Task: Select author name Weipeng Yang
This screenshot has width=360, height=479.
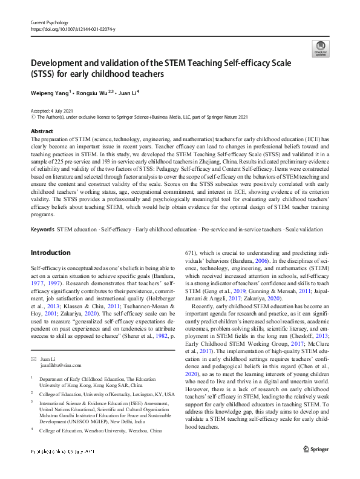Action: click(50, 93)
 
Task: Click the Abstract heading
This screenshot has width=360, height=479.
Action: click(42, 131)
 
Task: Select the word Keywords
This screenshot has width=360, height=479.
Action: click(42, 230)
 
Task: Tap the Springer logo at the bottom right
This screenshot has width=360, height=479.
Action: click(315, 450)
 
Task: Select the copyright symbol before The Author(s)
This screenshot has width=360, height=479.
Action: click(33, 117)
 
